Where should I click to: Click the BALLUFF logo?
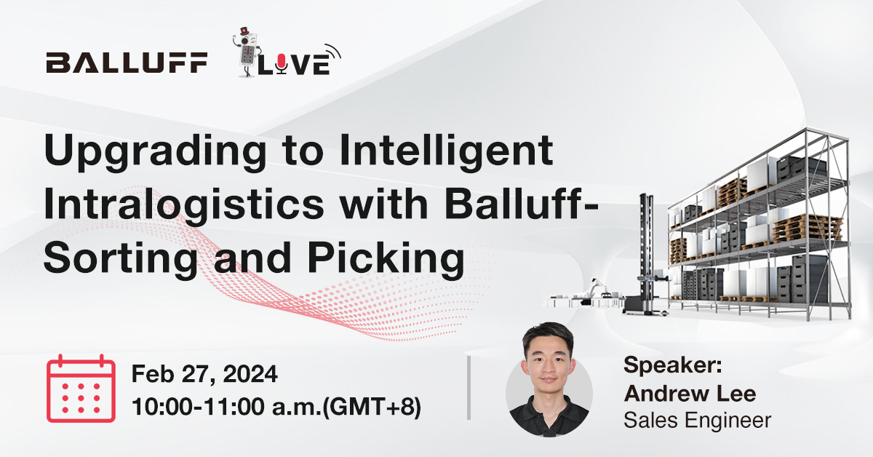[126, 63]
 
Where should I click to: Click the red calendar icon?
[81, 389]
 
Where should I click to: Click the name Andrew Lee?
[690, 394]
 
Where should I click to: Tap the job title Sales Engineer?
[697, 420]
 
